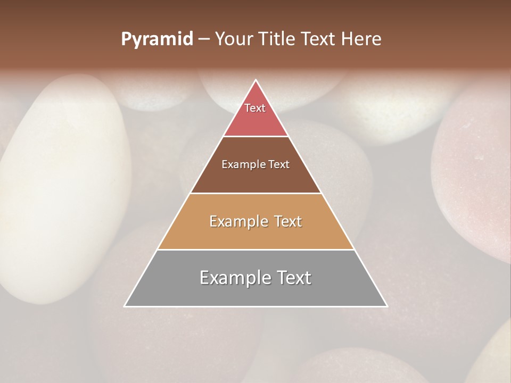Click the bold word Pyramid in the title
[x=157, y=39]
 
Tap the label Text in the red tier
[x=255, y=108]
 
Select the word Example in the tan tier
[x=237, y=221]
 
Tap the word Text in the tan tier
[x=286, y=221]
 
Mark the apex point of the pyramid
[x=256, y=80]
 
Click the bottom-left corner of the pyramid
[x=125, y=306]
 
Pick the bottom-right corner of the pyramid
[x=386, y=306]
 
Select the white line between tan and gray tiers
[x=256, y=249]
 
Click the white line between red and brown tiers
[x=256, y=136]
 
